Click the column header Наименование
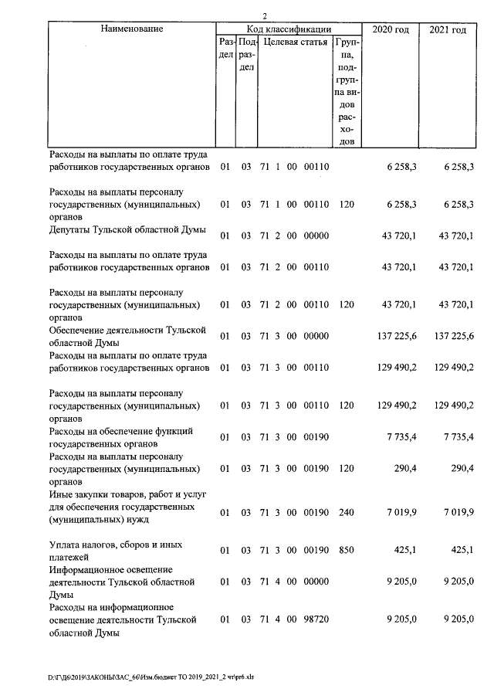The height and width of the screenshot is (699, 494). click(x=131, y=29)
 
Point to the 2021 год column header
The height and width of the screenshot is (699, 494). click(x=448, y=29)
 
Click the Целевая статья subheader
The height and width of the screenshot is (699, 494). click(x=296, y=42)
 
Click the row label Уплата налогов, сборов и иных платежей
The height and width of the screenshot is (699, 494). click(x=116, y=550)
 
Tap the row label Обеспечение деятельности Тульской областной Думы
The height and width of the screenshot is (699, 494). click(x=127, y=335)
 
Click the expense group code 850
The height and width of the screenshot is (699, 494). click(x=347, y=551)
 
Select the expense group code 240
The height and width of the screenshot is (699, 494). click(x=347, y=511)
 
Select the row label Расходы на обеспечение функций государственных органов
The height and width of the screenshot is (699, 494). click(x=120, y=436)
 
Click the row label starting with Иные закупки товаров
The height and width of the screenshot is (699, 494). click(x=123, y=507)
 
